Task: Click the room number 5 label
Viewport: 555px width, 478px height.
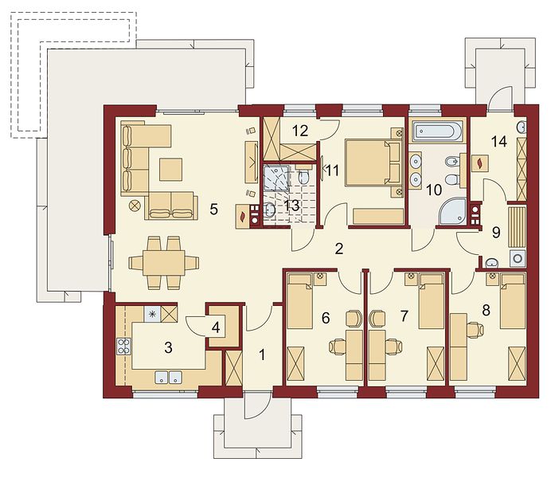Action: [213, 210]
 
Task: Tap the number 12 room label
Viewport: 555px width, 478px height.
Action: [300, 131]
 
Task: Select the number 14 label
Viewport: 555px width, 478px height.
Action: [499, 142]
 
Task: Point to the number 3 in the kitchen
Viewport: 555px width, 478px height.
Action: [169, 347]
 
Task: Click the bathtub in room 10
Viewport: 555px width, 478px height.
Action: [436, 131]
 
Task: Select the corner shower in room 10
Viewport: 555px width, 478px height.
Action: [452, 211]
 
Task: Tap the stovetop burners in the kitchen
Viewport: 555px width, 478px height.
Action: [123, 347]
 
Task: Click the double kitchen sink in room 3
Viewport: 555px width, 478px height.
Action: [169, 377]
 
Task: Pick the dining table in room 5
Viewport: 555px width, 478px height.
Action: [164, 263]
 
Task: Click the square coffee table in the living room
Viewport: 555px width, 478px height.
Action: [170, 170]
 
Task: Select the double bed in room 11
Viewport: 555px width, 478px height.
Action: [373, 163]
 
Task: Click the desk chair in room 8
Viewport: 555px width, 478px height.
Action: [475, 330]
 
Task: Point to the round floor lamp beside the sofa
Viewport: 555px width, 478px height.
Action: [135, 205]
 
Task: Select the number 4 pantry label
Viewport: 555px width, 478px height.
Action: [216, 327]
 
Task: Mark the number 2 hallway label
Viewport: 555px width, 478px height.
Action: [338, 249]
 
